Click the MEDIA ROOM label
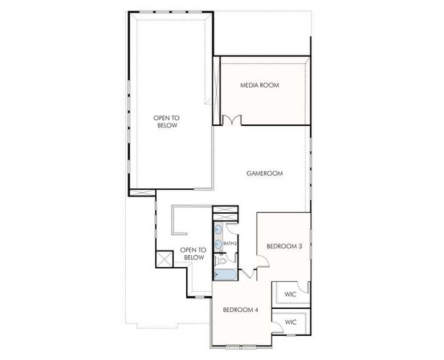point(259,85)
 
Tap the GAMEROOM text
point(265,173)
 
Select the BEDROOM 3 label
point(284,246)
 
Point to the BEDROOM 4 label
point(240,309)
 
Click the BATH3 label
point(230,244)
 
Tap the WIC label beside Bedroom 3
point(290,294)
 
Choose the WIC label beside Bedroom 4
point(290,322)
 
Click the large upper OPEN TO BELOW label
point(166,121)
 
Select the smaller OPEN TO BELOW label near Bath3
point(193,254)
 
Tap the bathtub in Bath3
point(222,274)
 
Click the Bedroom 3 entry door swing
point(261,262)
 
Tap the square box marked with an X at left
point(164,256)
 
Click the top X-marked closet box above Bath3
point(224,211)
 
